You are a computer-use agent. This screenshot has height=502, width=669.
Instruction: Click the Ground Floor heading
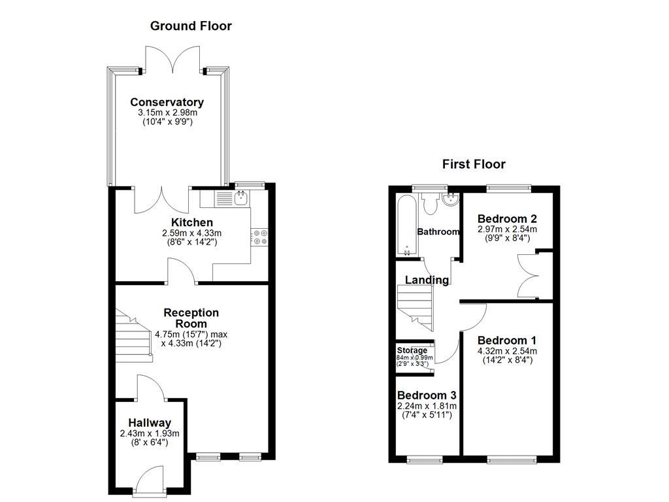[191, 26]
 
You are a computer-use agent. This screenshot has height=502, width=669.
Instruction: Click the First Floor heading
[474, 164]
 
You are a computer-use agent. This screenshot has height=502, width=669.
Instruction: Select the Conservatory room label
[167, 102]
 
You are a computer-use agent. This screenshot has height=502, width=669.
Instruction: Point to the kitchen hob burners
[259, 237]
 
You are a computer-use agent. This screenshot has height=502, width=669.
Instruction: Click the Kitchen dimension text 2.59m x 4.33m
[192, 233]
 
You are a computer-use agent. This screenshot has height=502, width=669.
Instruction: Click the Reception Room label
[191, 318]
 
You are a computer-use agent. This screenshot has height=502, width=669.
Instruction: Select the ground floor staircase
[134, 337]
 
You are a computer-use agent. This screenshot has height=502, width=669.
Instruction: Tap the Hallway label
[150, 422]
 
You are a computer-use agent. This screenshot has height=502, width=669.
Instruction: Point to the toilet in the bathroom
[431, 204]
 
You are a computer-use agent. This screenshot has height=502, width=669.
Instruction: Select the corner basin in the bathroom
[451, 200]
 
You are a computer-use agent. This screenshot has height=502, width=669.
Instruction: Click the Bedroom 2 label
[507, 218]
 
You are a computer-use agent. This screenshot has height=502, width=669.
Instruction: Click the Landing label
[427, 280]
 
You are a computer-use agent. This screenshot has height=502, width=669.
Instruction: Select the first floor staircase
[414, 307]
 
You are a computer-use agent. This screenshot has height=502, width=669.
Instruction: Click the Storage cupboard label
[412, 350]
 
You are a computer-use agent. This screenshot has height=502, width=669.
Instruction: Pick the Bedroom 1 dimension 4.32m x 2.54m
[507, 351]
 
